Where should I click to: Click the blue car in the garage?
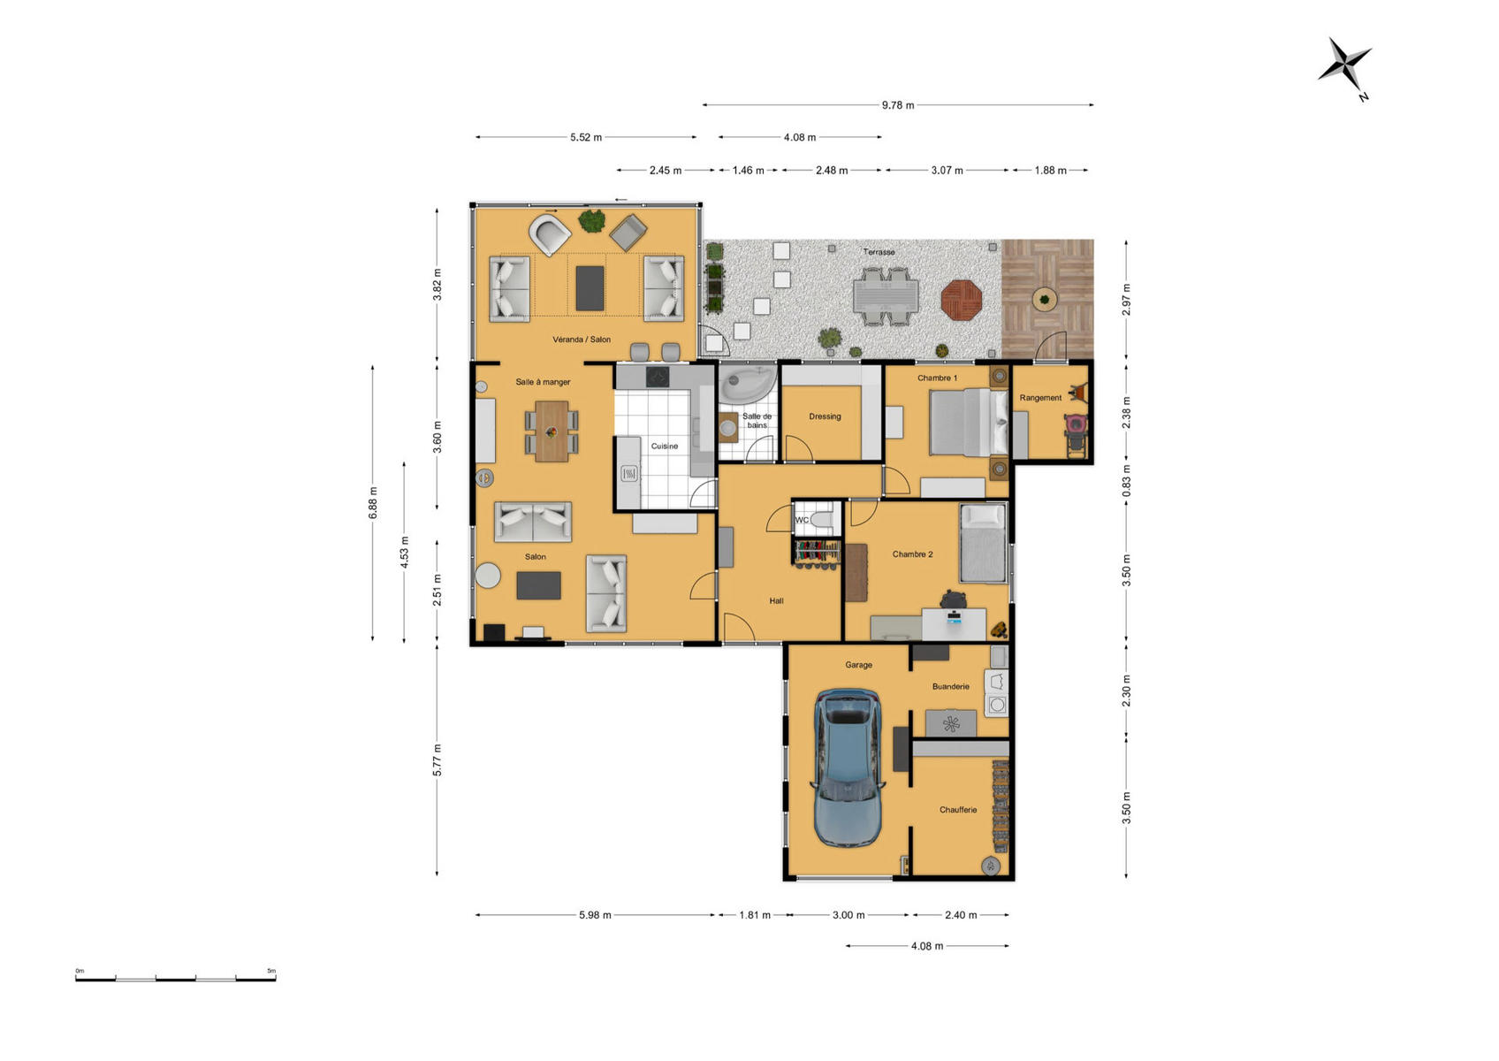(x=848, y=767)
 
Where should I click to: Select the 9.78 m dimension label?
(x=898, y=105)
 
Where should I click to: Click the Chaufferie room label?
(x=957, y=810)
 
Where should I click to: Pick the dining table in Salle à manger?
(x=552, y=431)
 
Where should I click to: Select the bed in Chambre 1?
(x=969, y=423)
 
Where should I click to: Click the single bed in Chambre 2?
(x=983, y=543)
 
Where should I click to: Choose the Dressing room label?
(x=825, y=416)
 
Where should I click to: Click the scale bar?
(x=175, y=979)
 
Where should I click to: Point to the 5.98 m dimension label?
(x=595, y=915)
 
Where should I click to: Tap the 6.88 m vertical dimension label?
(x=373, y=502)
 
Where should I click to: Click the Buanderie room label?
(x=950, y=686)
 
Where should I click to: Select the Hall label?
(x=776, y=600)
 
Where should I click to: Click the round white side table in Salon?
(x=488, y=576)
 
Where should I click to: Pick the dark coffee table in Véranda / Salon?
(x=590, y=288)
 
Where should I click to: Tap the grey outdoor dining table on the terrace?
(x=886, y=296)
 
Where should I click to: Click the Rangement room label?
(x=1040, y=398)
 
